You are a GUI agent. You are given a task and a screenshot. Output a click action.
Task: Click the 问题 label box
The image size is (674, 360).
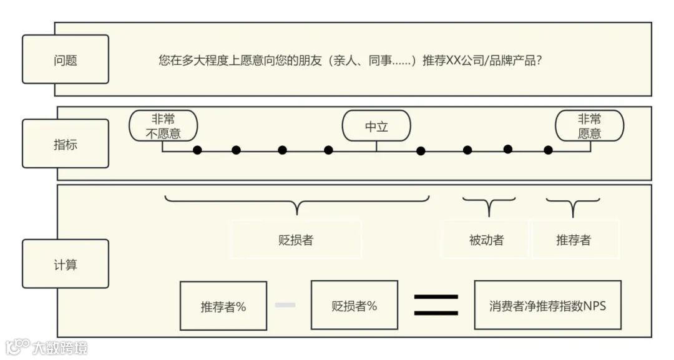pyautogui.click(x=66, y=59)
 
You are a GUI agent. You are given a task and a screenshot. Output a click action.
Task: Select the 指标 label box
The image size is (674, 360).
pyautogui.click(x=66, y=144)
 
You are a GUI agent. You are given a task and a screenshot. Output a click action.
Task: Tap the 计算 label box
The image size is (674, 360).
pyautogui.click(x=66, y=264)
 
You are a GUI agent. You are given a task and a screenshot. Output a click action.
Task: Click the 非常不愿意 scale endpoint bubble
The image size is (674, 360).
pyautogui.click(x=163, y=125)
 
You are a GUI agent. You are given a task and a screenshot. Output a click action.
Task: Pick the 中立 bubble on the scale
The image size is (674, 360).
pyautogui.click(x=376, y=126)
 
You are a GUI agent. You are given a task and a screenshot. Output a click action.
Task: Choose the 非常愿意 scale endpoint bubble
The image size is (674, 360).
pyautogui.click(x=589, y=125)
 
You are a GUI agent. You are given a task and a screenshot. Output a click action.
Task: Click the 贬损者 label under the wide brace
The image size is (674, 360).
pyautogui.click(x=296, y=240)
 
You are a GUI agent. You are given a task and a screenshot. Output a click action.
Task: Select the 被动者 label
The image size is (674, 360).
pyautogui.click(x=486, y=240)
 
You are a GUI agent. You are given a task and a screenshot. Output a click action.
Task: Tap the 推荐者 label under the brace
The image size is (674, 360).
pyautogui.click(x=574, y=240)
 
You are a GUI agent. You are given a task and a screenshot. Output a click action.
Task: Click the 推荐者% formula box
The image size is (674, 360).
pyautogui.click(x=223, y=306)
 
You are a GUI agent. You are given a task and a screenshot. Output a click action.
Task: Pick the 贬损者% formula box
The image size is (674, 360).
pyautogui.click(x=354, y=306)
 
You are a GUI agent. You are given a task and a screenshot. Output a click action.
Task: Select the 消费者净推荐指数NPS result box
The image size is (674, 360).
pyautogui.click(x=547, y=306)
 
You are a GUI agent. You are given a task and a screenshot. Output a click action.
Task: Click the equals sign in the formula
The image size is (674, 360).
pyautogui.click(x=436, y=304)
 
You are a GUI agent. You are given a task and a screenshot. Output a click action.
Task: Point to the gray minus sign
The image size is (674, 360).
pyautogui.click(x=285, y=304)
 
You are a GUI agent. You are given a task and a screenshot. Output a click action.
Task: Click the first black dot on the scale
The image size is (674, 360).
pyautogui.click(x=197, y=150)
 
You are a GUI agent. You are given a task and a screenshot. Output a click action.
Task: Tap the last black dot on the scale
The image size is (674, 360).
pyautogui.click(x=548, y=150)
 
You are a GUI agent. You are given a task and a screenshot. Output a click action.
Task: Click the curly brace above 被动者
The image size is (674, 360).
pyautogui.click(x=489, y=205)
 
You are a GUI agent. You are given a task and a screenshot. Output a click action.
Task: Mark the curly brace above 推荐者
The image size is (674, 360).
pyautogui.click(x=573, y=205)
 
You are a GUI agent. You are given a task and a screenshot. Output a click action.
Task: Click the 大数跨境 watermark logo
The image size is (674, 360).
pyautogui.click(x=47, y=347)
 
